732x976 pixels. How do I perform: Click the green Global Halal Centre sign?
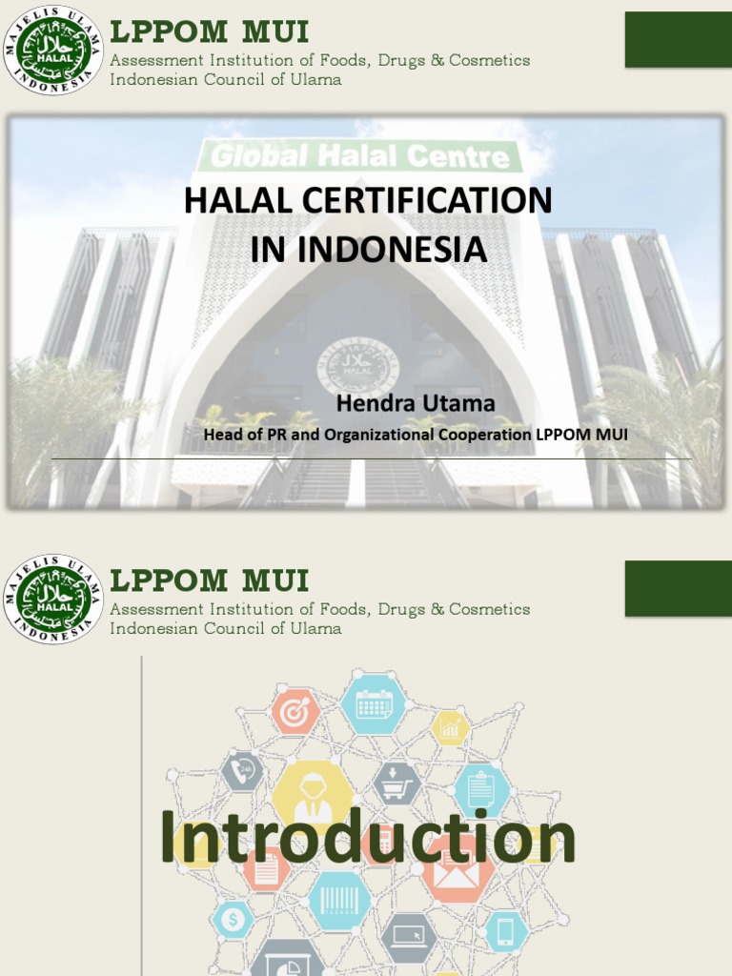click(x=360, y=155)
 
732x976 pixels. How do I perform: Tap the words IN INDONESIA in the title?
click(x=368, y=249)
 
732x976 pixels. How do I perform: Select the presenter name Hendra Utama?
click(x=416, y=403)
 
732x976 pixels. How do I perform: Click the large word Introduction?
click(x=367, y=838)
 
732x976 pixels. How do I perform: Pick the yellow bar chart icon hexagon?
click(x=450, y=729)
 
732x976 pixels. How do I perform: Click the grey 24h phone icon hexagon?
click(x=242, y=771)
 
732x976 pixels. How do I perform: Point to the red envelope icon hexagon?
click(x=458, y=868)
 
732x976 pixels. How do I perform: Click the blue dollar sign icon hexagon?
click(x=234, y=921)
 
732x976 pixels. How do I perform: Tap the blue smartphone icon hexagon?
click(x=506, y=931)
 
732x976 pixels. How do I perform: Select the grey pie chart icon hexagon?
click(x=289, y=961)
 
